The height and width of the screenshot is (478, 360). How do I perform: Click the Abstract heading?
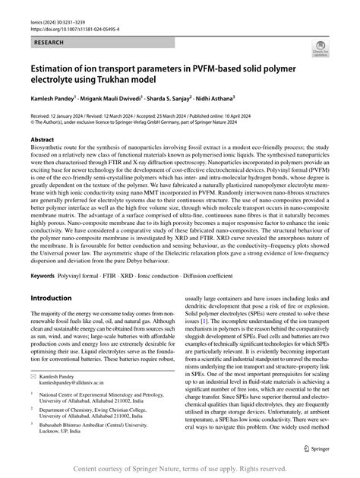click(x=41, y=141)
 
